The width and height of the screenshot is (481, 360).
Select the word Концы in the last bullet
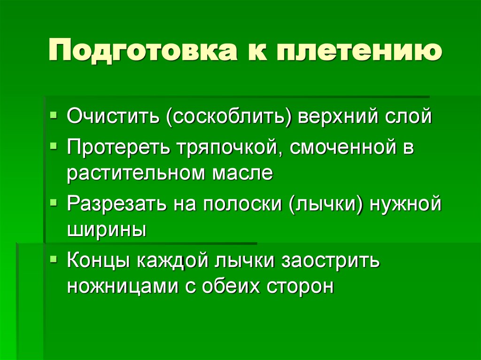(99, 260)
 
